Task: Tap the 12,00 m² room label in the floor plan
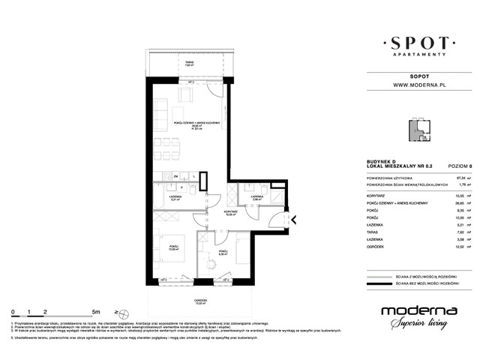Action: (x=173, y=247)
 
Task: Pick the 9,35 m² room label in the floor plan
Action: (x=223, y=253)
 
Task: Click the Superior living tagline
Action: (x=418, y=325)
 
